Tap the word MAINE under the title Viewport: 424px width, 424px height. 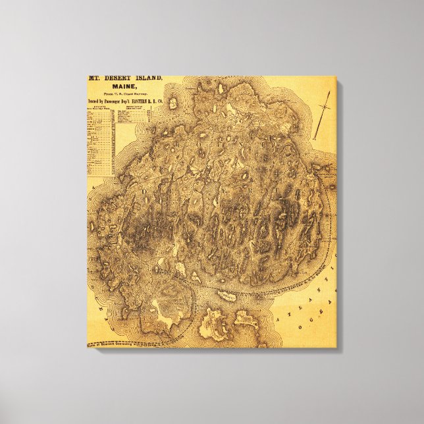[124, 87]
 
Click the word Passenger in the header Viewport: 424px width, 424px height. [109, 102]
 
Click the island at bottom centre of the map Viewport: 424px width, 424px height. [213, 325]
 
